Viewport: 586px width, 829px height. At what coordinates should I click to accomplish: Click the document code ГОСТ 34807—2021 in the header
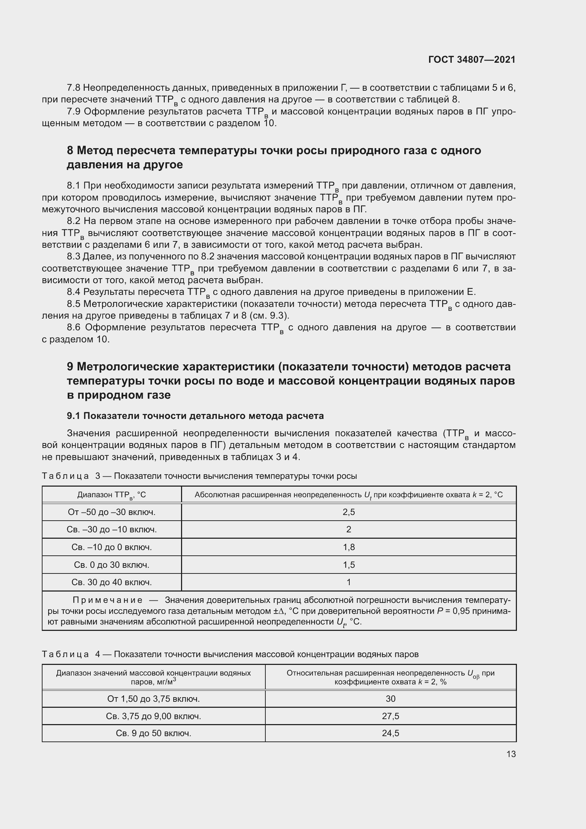(472, 60)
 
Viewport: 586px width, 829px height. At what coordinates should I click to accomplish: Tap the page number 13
(511, 754)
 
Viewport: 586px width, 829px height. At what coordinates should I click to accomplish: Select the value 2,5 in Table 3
(349, 512)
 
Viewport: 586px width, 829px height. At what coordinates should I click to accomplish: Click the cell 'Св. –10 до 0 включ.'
(112, 547)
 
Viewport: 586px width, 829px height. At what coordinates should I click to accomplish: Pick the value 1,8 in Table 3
(349, 547)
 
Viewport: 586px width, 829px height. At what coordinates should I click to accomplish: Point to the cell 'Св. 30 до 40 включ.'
(112, 582)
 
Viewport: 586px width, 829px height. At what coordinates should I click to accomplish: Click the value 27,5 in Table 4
(390, 716)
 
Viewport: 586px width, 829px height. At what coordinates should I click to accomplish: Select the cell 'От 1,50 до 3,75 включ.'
(153, 699)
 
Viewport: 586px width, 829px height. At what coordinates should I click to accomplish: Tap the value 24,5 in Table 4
(390, 733)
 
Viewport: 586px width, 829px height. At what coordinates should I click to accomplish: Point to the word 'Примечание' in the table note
(108, 600)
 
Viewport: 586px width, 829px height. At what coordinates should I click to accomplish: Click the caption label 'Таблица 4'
(71, 654)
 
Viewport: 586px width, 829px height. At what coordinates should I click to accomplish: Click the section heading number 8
(70, 151)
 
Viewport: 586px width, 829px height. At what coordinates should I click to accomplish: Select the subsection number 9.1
(74, 416)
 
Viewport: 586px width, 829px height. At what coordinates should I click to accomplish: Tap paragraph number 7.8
(73, 88)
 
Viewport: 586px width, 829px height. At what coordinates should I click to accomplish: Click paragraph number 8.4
(73, 292)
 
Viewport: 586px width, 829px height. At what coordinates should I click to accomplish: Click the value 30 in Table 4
(390, 699)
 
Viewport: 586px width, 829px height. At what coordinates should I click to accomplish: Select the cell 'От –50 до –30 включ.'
(112, 512)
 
